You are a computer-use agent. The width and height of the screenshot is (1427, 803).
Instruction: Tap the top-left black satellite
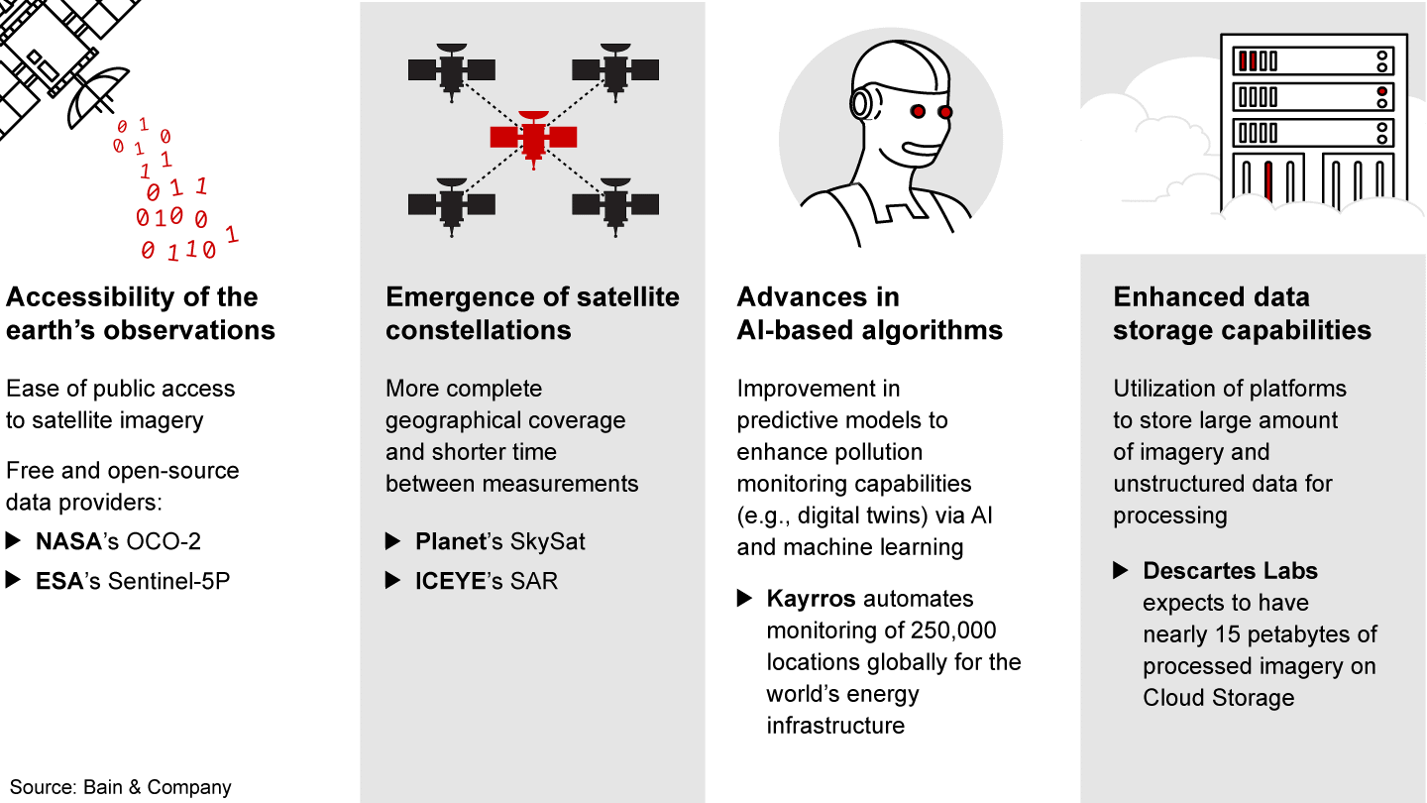click(452, 70)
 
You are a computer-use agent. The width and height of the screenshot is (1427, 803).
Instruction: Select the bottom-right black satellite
click(615, 206)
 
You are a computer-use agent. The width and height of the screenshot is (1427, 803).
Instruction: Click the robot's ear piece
click(861, 103)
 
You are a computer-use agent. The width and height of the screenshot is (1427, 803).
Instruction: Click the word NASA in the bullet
click(68, 541)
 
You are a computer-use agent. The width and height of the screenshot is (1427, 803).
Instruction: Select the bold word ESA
click(59, 581)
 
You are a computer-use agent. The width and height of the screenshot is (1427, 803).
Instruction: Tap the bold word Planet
click(451, 541)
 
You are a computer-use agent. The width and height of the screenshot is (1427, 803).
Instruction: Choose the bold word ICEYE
click(450, 581)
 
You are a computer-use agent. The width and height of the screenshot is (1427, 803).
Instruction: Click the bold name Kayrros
click(811, 599)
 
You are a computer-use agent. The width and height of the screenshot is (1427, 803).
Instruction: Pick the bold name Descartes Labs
click(1230, 571)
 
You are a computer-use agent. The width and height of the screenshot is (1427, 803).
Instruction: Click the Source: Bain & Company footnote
click(121, 788)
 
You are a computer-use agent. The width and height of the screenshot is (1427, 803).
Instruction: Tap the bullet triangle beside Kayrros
click(745, 599)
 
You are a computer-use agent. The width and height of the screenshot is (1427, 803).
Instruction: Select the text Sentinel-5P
click(168, 581)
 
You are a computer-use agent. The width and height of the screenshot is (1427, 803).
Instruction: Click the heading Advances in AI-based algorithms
click(870, 313)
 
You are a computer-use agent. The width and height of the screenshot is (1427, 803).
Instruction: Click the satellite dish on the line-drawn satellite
click(95, 95)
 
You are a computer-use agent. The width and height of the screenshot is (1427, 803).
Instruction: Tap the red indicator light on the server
click(1381, 92)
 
